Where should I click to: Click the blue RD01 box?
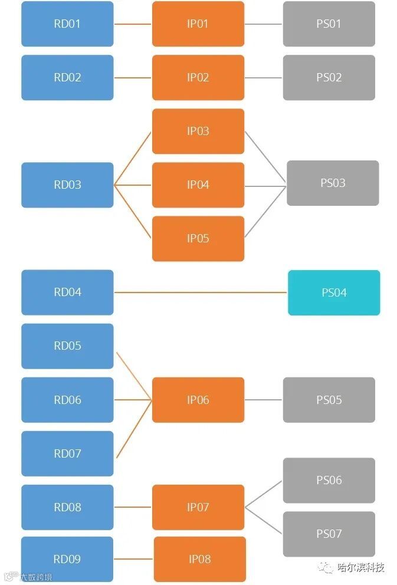67,24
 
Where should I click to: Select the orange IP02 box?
198,78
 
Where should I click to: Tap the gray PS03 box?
333,183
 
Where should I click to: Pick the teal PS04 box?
334,292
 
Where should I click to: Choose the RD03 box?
67,185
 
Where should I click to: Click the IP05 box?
198,239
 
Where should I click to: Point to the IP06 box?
198,400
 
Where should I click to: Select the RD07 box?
67,453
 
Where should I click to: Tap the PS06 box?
329,480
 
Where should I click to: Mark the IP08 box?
199,559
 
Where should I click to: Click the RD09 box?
67,559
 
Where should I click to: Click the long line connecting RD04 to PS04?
201,292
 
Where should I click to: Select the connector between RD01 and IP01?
133,24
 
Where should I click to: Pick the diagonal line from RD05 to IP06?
134,376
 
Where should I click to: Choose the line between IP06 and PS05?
264,400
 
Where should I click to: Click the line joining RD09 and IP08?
133,559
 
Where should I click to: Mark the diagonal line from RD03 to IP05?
133,212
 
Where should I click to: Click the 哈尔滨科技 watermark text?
360,568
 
